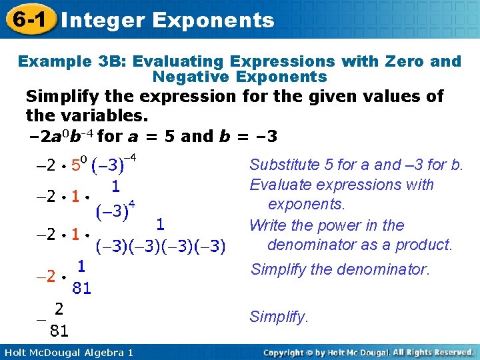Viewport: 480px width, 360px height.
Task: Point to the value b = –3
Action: [248, 137]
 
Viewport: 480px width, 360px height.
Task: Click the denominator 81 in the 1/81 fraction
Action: [81, 288]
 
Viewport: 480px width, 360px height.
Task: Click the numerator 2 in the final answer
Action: [59, 309]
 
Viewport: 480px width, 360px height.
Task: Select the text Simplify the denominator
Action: [339, 269]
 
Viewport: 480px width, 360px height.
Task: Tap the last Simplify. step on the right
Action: [279, 317]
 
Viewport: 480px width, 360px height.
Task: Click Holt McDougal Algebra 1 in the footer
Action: [67, 352]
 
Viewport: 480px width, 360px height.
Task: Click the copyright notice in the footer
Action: [368, 352]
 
